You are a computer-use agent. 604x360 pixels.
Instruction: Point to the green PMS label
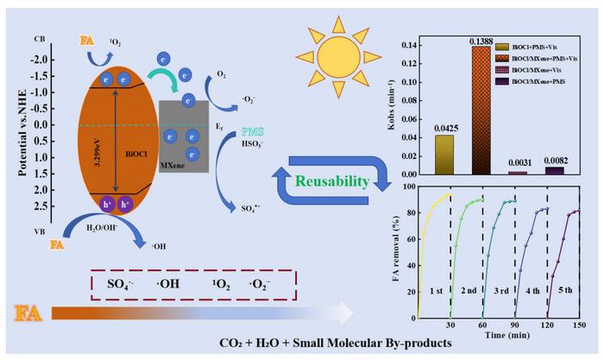tap(253, 129)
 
